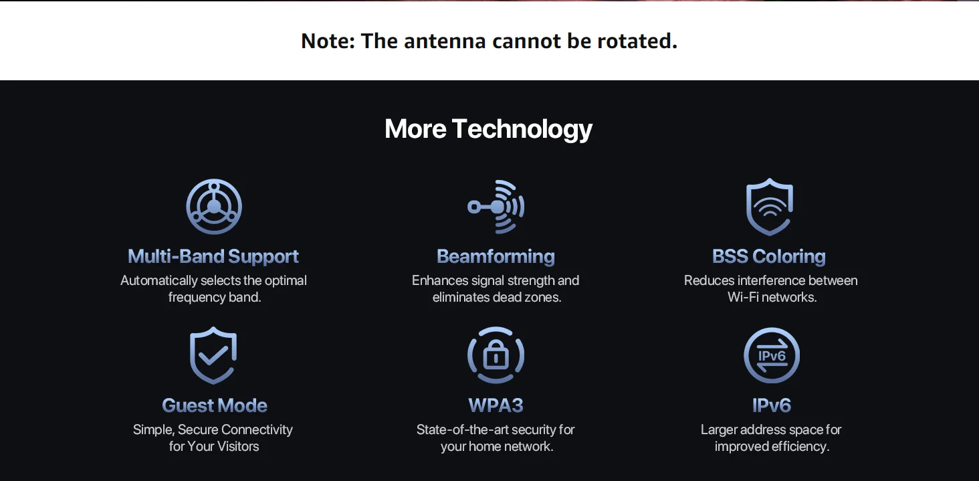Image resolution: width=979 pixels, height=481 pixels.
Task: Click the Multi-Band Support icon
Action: pos(214,207)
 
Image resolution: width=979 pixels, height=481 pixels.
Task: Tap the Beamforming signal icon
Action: pos(496,207)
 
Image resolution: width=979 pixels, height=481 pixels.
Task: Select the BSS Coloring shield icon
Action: pos(770,207)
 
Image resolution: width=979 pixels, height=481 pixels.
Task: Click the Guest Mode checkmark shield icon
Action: pos(213,355)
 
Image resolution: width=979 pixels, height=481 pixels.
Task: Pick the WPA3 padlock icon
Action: pos(496,355)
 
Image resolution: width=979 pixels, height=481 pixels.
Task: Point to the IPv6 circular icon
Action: pos(771,355)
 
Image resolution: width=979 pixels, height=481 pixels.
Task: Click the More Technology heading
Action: pos(488,128)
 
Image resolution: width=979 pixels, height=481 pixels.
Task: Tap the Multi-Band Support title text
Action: pos(213,256)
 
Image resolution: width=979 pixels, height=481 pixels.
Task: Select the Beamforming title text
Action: pos(496,256)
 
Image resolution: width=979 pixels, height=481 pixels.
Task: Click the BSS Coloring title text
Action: pos(769,256)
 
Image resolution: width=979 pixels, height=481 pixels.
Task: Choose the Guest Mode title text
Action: pos(215,405)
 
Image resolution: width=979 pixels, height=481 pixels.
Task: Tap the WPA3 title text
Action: pos(496,405)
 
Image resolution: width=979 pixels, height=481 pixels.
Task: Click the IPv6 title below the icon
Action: pos(772,405)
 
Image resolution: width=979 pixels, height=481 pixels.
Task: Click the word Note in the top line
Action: pos(326,41)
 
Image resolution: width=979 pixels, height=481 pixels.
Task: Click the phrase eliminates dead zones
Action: pos(496,298)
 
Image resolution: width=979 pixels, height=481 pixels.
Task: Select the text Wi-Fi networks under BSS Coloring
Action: pos(772,298)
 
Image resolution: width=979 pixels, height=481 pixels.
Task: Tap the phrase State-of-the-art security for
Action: pos(496,429)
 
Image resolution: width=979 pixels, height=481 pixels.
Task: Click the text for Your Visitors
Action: pos(214,446)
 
